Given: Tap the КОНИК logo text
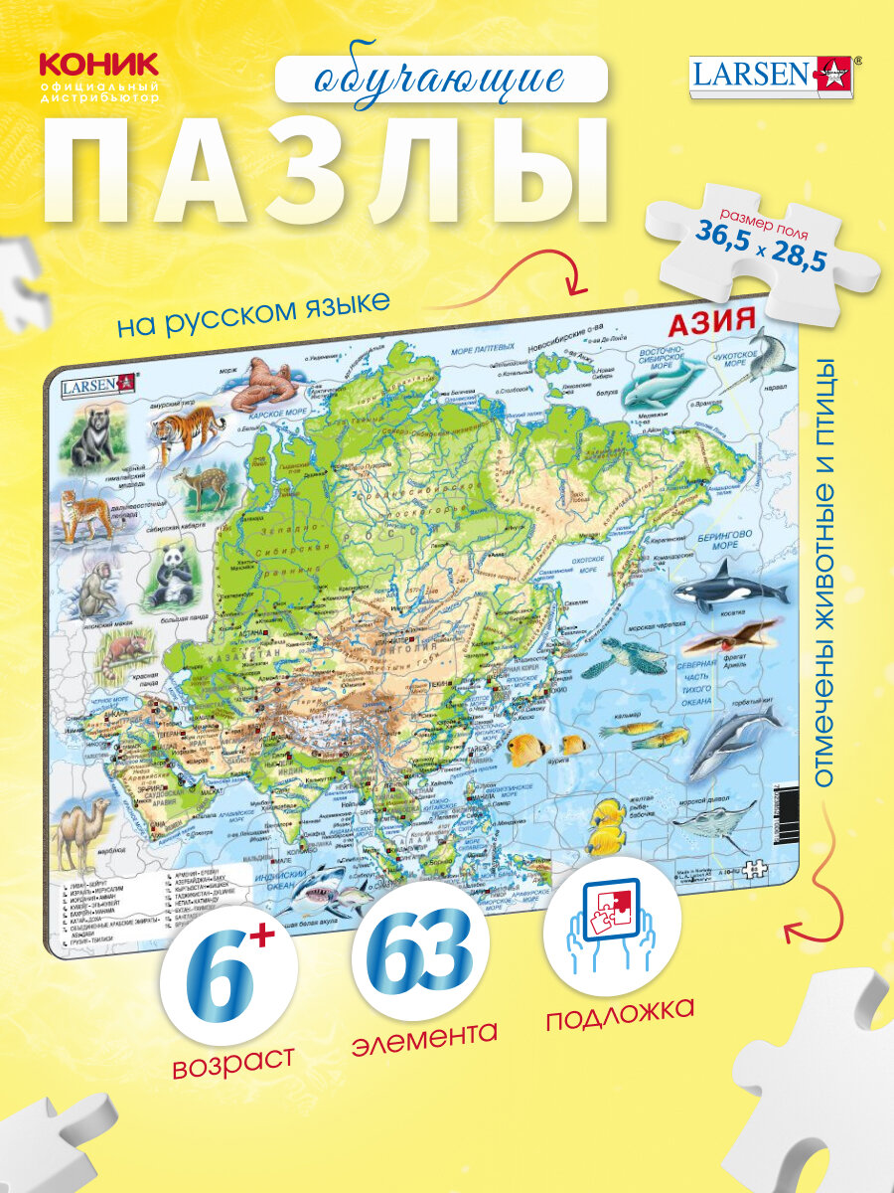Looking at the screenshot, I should [97, 66].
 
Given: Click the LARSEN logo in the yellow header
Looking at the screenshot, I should [775, 76].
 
